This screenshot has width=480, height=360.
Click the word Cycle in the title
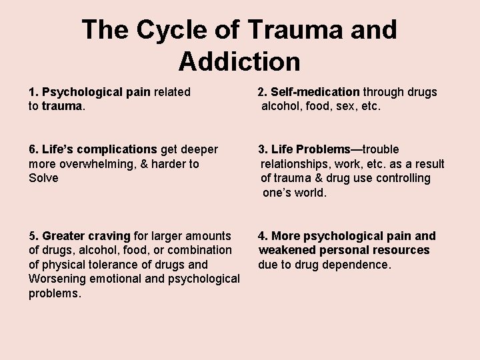pos(169,30)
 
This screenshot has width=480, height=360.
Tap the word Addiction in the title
pos(239,61)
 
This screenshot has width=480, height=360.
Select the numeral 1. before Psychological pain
pos(33,92)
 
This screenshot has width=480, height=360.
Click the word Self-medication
pos(317,92)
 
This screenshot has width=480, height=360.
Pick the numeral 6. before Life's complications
pos(33,149)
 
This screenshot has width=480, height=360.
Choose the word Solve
pos(43,178)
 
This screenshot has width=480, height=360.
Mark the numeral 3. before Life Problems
pos(263,149)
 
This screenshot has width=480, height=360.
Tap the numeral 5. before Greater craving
pos(33,236)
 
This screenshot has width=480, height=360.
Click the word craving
pos(110,236)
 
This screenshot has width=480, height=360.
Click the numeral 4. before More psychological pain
pos(263,236)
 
